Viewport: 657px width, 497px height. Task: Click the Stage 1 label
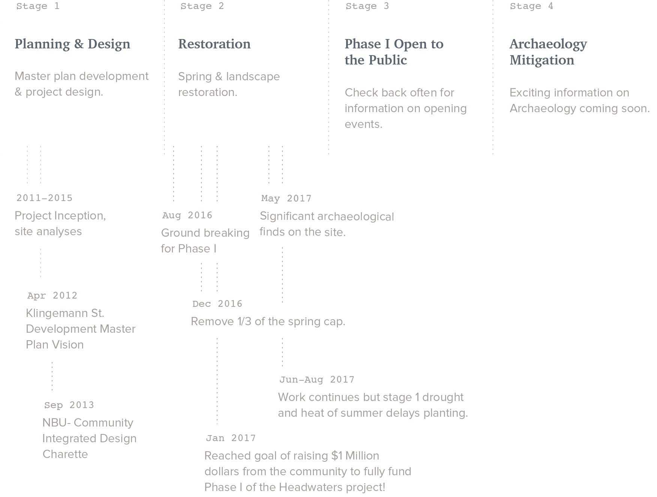click(x=38, y=6)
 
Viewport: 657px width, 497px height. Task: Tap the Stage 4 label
click(x=531, y=6)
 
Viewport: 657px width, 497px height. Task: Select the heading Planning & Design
click(x=72, y=44)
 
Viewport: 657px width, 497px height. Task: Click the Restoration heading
click(x=214, y=44)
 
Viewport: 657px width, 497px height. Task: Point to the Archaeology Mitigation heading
click(x=548, y=52)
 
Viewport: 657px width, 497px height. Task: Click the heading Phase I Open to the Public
click(x=394, y=52)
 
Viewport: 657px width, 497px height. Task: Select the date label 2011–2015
click(x=44, y=198)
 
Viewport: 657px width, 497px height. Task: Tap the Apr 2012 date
click(x=52, y=296)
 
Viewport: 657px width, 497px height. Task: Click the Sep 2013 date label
click(x=69, y=405)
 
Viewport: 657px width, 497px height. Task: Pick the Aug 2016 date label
click(x=187, y=215)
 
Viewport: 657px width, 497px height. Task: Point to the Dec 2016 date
click(x=217, y=304)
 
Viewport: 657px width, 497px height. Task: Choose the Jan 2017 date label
click(x=231, y=438)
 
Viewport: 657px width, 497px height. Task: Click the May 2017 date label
click(x=286, y=198)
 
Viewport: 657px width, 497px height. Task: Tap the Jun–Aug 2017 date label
click(x=317, y=380)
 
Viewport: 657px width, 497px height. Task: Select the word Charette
click(x=65, y=454)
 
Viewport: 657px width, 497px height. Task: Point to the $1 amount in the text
click(x=337, y=456)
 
